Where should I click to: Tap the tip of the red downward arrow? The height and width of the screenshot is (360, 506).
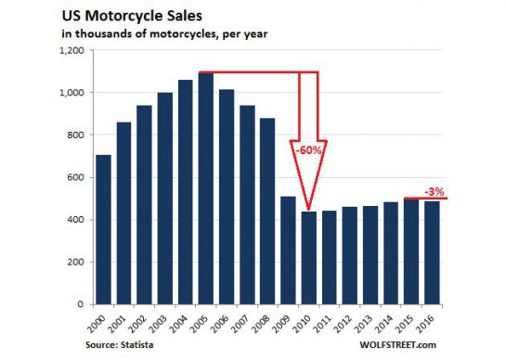(x=309, y=209)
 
